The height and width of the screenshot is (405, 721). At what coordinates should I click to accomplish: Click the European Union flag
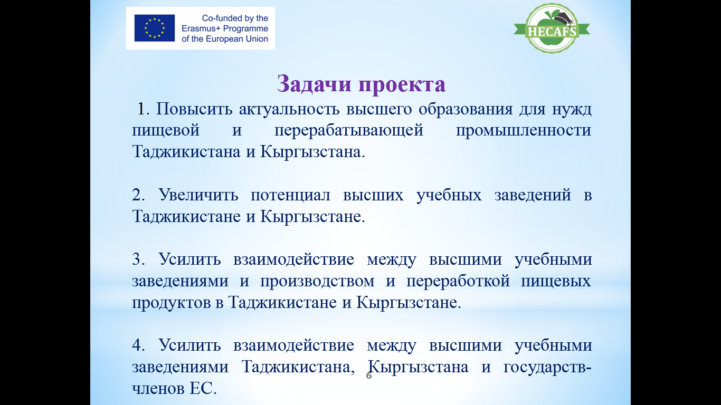pos(155,28)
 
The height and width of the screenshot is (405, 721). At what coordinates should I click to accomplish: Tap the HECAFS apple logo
pos(552,28)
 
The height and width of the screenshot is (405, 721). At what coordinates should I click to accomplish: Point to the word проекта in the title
pos(402,84)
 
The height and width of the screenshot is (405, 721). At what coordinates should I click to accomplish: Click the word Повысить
pos(194,109)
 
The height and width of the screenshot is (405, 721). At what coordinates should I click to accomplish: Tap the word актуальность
pos(289,109)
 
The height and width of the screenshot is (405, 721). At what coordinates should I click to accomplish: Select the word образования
pos(466,110)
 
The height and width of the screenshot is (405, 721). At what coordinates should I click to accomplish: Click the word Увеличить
pos(198,195)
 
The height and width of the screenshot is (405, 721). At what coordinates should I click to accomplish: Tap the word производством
pos(317,282)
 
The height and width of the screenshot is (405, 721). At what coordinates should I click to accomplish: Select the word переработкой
pos(458,282)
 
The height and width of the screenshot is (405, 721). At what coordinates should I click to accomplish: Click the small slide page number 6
pos(369,375)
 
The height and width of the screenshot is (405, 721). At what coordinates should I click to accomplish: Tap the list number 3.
pos(138,259)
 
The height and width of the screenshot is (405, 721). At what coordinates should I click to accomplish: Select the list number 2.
pos(138,195)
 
